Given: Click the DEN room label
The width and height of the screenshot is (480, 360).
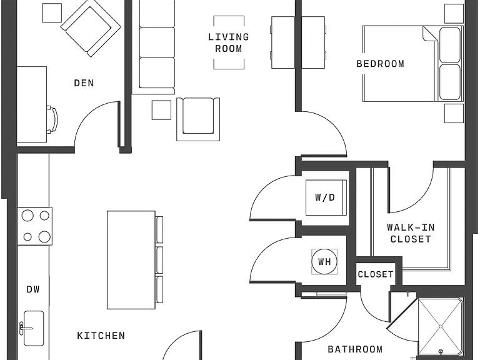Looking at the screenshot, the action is tap(84, 83).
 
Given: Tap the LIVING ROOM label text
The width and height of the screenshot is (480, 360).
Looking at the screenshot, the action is tap(228, 42).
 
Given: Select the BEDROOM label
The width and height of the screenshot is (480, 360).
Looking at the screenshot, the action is tap(380, 64).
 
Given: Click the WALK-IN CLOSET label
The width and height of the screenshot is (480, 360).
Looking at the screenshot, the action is tap(411, 233).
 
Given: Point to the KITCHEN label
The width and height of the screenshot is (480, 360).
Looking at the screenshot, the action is tap(101, 336).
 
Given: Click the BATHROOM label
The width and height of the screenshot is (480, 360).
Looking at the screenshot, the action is tap(355, 349).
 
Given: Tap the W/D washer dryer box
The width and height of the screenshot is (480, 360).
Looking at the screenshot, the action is tap(326, 197).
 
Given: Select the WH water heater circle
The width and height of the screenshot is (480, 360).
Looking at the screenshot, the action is tap(324, 262).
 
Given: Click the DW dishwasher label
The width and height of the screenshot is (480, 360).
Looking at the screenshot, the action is tap(33, 289).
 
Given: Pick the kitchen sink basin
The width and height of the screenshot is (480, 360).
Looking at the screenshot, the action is tap(34, 328).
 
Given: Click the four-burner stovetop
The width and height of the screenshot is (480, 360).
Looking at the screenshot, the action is tap(34, 226).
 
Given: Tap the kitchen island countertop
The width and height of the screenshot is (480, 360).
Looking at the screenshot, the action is tap(131, 260).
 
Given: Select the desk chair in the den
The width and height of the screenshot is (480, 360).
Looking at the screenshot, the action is tap(52, 120).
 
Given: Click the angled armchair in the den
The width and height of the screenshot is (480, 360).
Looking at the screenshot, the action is tap(91, 28).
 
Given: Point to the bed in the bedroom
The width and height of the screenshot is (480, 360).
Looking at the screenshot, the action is tap(413, 64).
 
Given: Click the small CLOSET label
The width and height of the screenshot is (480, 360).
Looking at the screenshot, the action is tap(375, 274).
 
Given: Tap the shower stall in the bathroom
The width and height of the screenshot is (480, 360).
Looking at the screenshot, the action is tap(440, 328).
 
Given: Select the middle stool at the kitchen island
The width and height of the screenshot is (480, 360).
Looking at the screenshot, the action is tap(159, 260).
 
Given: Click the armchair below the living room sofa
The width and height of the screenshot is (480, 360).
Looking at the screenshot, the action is tap(198, 119).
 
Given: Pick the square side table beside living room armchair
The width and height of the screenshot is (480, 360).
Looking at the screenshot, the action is tap(161, 110).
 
